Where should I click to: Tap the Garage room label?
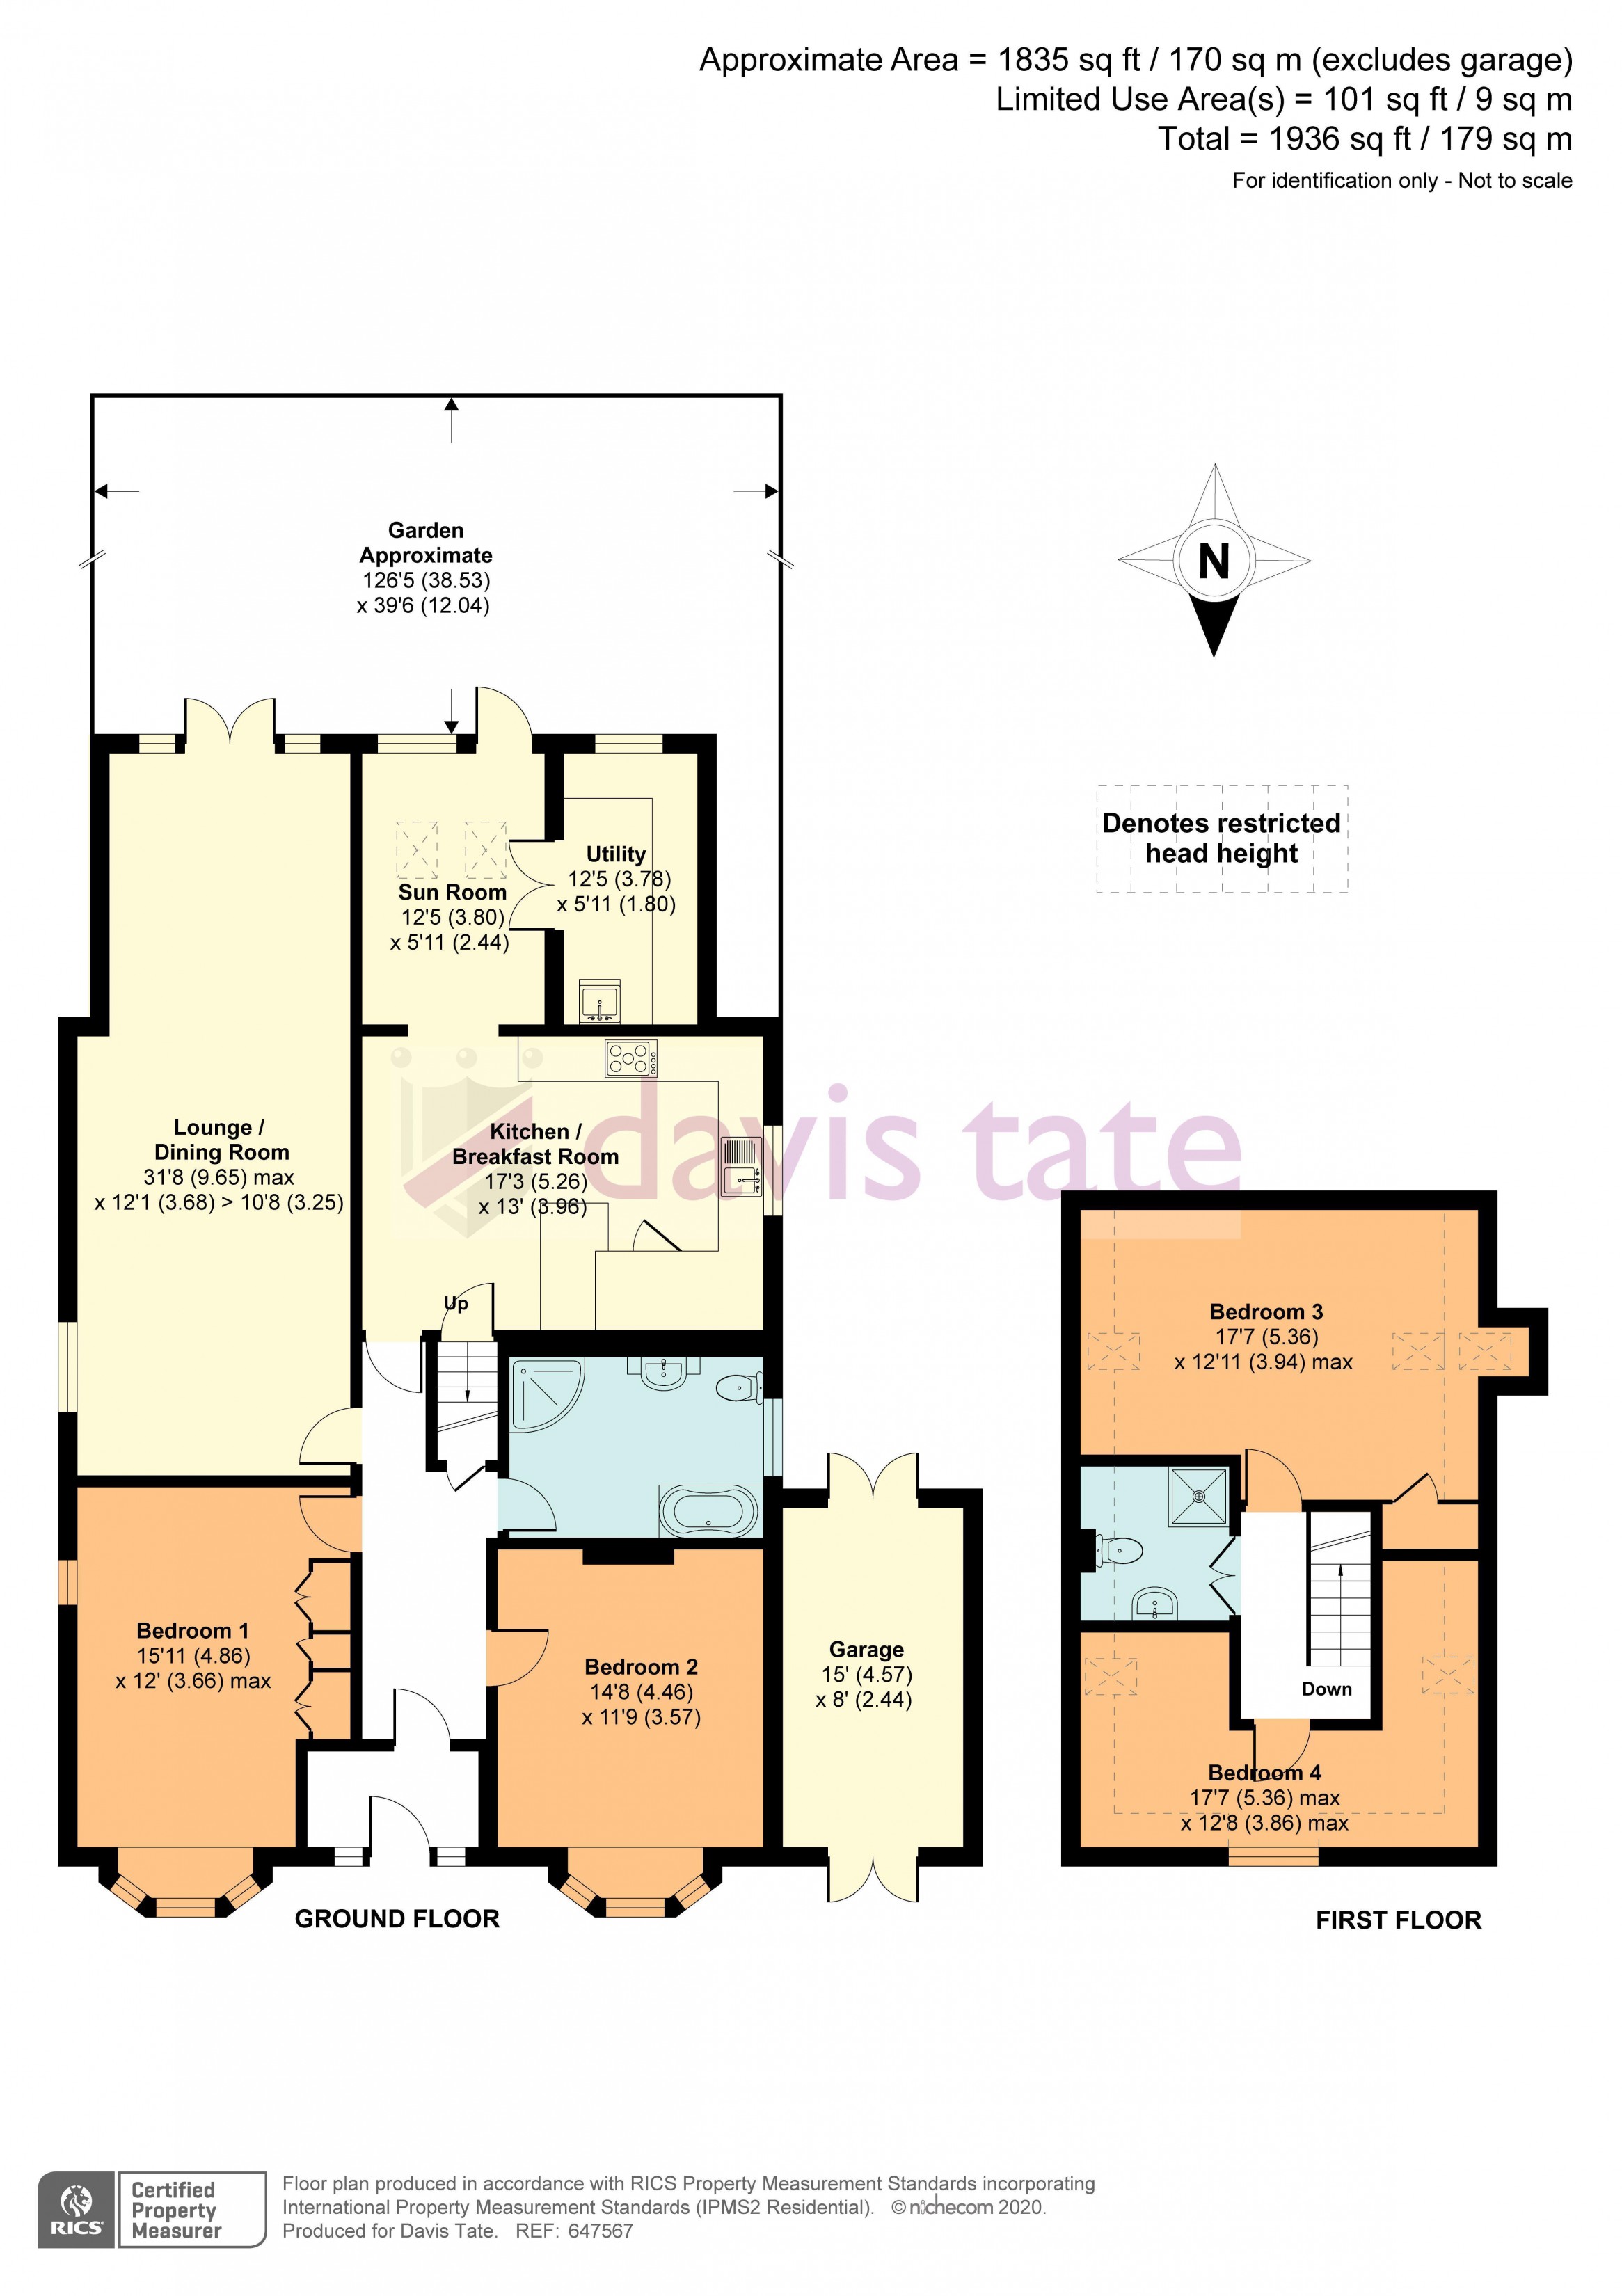click(x=866, y=1649)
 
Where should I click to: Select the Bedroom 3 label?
click(x=1266, y=1311)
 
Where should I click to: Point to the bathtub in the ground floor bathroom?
click(x=709, y=1510)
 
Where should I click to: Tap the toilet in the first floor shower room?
click(x=1119, y=1551)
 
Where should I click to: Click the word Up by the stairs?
click(x=456, y=1304)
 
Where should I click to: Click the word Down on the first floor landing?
click(x=1326, y=1689)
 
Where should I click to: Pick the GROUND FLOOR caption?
click(x=397, y=1919)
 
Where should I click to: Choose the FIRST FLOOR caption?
click(x=1398, y=1920)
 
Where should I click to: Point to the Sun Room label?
click(x=452, y=892)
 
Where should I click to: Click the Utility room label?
click(x=616, y=854)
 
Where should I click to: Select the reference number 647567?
click(x=600, y=2231)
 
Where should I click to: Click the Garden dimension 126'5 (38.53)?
click(x=426, y=580)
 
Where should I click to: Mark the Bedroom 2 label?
click(x=641, y=1667)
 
